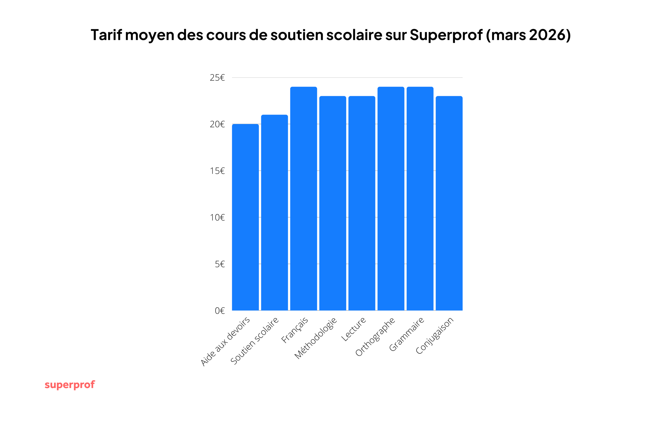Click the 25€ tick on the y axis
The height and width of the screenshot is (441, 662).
tap(217, 78)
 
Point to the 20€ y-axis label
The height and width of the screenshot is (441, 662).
tap(217, 124)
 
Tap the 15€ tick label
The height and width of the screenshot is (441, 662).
tap(217, 171)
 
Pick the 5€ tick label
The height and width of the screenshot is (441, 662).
tap(220, 264)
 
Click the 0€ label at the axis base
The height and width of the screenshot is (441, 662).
tap(220, 311)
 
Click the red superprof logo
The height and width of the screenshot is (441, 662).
tap(70, 385)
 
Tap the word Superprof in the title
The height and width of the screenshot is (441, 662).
tap(446, 35)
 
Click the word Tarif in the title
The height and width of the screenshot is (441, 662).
tap(106, 35)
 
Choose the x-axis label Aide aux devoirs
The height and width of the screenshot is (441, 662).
tap(225, 341)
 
